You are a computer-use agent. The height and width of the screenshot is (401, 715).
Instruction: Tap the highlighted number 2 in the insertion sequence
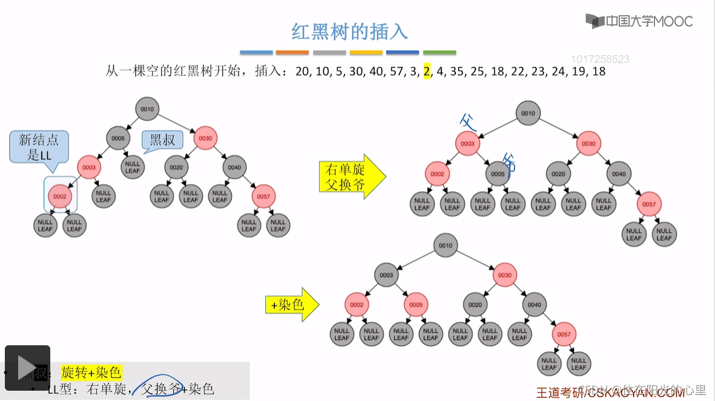427,71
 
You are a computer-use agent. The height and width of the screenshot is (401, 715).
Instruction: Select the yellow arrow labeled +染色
292,305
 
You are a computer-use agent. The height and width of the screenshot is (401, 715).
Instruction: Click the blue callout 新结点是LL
39,147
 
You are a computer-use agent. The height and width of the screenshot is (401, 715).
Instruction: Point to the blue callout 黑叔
162,140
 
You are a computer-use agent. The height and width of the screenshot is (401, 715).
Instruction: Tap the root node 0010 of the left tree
148,109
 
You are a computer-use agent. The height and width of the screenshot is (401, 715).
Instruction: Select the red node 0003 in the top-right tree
467,144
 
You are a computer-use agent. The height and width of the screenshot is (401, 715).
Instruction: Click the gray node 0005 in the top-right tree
498,174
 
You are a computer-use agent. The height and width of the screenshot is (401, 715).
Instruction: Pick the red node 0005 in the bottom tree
416,305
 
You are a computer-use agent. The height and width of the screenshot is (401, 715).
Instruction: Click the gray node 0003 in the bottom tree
386,275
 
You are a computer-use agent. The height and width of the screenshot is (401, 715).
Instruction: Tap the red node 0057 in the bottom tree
564,334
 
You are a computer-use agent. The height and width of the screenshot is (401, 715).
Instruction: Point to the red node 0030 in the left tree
205,138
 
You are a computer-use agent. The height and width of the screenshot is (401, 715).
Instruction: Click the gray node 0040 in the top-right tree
619,174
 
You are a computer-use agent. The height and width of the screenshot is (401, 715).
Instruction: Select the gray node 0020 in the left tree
176,167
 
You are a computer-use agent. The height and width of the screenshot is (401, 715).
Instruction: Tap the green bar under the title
440,53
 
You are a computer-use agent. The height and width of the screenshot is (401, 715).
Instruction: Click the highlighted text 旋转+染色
91,372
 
